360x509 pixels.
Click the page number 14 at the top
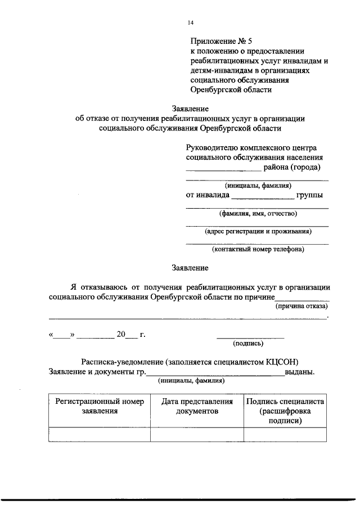point(190,23)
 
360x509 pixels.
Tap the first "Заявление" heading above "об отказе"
point(190,109)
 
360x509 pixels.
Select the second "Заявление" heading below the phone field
point(190,268)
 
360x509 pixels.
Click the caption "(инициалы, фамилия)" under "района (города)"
point(258,186)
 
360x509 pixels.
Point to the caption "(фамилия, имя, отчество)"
point(258,213)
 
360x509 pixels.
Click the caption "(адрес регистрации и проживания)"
point(258,231)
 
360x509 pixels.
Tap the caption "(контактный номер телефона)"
point(258,249)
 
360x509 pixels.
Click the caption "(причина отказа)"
point(301,307)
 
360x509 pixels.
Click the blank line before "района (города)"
point(223,168)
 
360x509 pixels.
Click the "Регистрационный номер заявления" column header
point(99,406)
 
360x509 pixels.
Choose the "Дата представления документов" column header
point(197,406)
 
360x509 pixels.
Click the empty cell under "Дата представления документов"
point(197,435)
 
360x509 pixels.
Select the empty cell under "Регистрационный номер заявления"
point(99,435)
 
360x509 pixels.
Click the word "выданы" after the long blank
point(299,372)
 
